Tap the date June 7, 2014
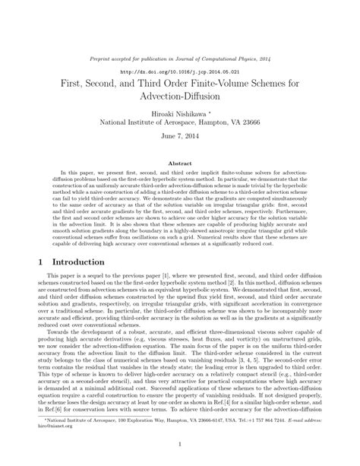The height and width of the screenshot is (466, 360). coord(179,139)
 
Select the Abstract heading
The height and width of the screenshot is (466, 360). coord(179,163)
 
